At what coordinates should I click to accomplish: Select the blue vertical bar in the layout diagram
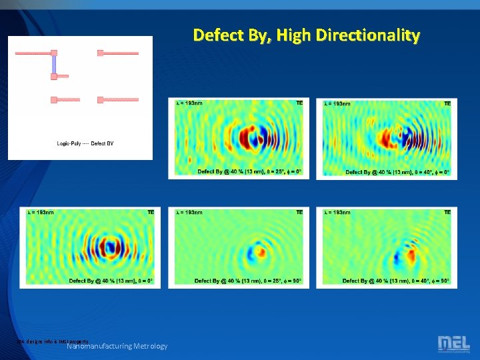54,65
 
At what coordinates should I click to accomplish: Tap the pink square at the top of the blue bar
54,53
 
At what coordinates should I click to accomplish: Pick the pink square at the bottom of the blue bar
54,77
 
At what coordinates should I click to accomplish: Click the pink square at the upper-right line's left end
100,53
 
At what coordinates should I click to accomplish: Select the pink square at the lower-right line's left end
100,100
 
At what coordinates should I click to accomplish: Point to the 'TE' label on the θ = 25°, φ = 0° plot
299,103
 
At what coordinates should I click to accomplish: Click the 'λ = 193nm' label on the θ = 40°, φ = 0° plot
337,103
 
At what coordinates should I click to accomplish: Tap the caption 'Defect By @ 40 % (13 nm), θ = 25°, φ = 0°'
249,172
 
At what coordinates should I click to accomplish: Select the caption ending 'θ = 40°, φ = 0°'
397,172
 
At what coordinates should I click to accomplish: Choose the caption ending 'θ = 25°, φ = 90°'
248,281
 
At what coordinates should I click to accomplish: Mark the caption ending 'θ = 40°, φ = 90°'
396,281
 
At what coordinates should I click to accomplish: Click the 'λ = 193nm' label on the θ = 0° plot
41,213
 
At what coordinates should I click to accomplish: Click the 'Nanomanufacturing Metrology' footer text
117,346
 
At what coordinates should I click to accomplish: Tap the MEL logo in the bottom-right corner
453,344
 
